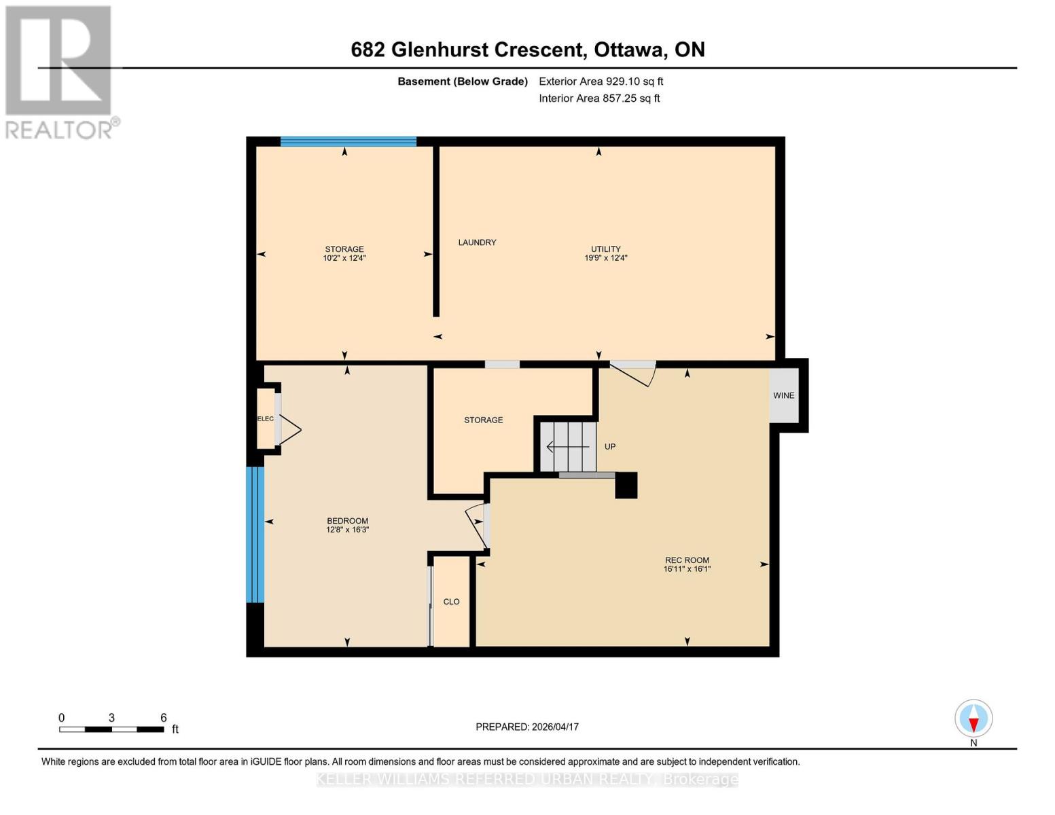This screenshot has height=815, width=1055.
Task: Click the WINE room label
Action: (x=783, y=395)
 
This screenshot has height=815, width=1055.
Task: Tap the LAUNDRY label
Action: (x=477, y=242)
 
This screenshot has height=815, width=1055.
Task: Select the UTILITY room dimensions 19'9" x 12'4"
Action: (x=605, y=258)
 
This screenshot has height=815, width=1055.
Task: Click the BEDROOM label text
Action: (x=347, y=521)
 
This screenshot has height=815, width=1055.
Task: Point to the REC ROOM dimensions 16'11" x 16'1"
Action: (x=687, y=569)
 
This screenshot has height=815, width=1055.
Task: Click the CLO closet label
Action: (x=451, y=602)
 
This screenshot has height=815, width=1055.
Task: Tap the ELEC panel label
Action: (x=266, y=419)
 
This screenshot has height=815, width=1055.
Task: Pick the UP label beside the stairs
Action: (x=610, y=447)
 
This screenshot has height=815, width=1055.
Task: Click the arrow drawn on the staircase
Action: (x=568, y=447)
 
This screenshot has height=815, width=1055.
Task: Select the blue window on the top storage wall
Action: (x=348, y=141)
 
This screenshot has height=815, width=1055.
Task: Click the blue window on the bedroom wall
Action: (x=255, y=535)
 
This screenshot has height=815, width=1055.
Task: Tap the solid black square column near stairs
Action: (x=626, y=486)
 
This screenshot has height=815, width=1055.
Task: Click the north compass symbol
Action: (x=973, y=719)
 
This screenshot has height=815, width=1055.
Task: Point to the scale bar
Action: (x=111, y=729)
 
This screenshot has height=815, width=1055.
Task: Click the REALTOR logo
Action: (x=60, y=71)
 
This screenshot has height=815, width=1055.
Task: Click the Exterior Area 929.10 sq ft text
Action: (x=601, y=81)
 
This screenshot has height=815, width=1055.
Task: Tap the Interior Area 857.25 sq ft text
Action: (x=599, y=98)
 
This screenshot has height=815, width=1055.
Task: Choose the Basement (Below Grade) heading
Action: (x=462, y=81)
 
